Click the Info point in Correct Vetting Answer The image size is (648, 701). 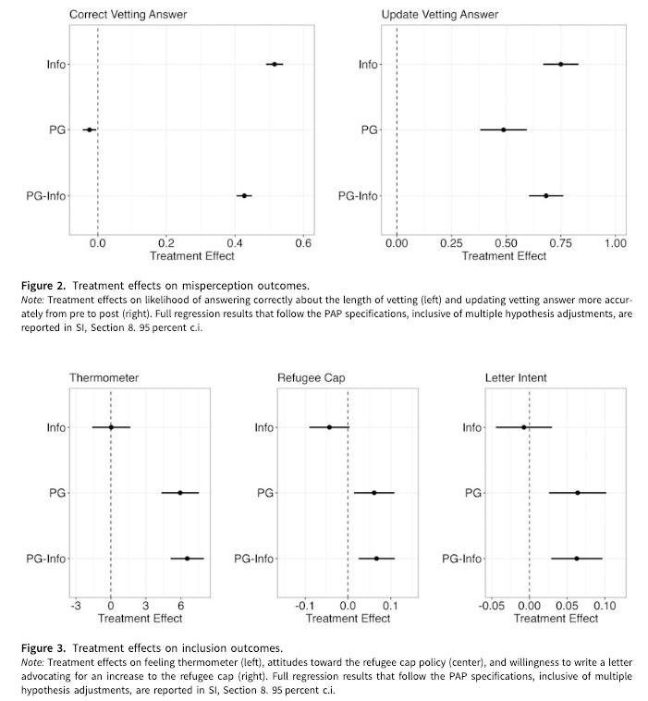(275, 65)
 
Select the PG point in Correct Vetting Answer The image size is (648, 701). (90, 130)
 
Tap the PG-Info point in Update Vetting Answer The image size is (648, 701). (545, 196)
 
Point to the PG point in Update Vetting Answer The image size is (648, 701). (503, 130)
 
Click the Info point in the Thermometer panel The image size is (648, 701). (111, 427)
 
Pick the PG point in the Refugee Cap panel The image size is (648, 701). (374, 493)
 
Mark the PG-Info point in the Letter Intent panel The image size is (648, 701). (577, 559)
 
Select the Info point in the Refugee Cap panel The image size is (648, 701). (329, 427)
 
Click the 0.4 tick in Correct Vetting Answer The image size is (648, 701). (235, 243)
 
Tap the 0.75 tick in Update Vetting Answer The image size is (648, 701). (560, 243)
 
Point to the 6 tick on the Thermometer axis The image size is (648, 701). (180, 606)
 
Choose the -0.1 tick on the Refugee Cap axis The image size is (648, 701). (305, 606)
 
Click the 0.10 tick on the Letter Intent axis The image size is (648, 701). (605, 606)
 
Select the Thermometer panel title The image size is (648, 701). (104, 377)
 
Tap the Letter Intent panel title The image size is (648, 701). (516, 377)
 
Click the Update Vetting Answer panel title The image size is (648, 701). (440, 14)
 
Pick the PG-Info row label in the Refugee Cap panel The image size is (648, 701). (253, 559)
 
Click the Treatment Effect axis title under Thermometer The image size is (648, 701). (140, 619)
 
